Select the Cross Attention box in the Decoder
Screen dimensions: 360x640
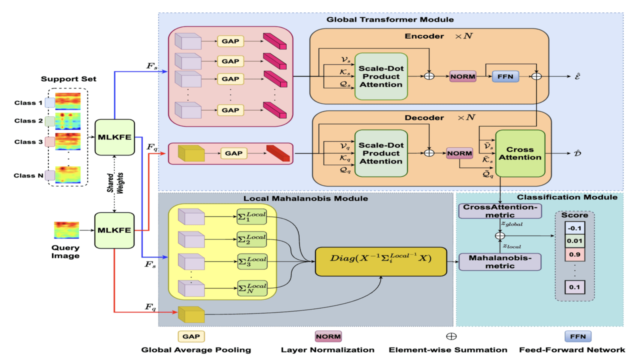520,153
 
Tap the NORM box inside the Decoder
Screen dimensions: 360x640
459,153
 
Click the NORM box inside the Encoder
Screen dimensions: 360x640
462,76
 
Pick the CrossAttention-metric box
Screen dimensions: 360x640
500,210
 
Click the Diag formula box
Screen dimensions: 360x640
380,261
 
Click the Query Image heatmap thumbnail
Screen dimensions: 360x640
66,230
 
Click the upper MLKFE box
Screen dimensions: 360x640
115,137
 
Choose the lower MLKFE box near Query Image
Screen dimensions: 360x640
115,230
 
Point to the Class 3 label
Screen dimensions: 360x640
28,142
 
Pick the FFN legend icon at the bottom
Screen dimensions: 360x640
578,336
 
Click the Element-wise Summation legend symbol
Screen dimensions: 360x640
451,336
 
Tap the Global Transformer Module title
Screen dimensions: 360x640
390,19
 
